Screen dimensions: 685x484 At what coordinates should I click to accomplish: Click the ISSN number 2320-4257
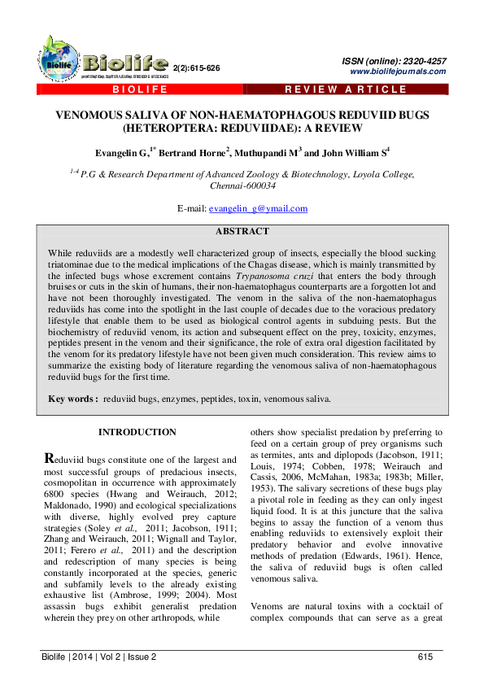(425, 62)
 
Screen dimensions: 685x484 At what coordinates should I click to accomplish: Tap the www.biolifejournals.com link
(397, 72)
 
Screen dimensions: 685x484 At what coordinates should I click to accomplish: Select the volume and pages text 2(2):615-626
(197, 68)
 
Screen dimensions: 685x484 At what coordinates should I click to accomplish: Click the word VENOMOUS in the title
(90, 116)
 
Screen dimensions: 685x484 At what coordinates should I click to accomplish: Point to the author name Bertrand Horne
(198, 152)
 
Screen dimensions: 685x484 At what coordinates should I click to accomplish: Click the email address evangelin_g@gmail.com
(258, 208)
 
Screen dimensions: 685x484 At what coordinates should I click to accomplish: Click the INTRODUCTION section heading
(137, 432)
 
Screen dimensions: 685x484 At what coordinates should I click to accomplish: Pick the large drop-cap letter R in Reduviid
(50, 460)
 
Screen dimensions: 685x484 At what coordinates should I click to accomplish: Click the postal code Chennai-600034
(242, 185)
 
